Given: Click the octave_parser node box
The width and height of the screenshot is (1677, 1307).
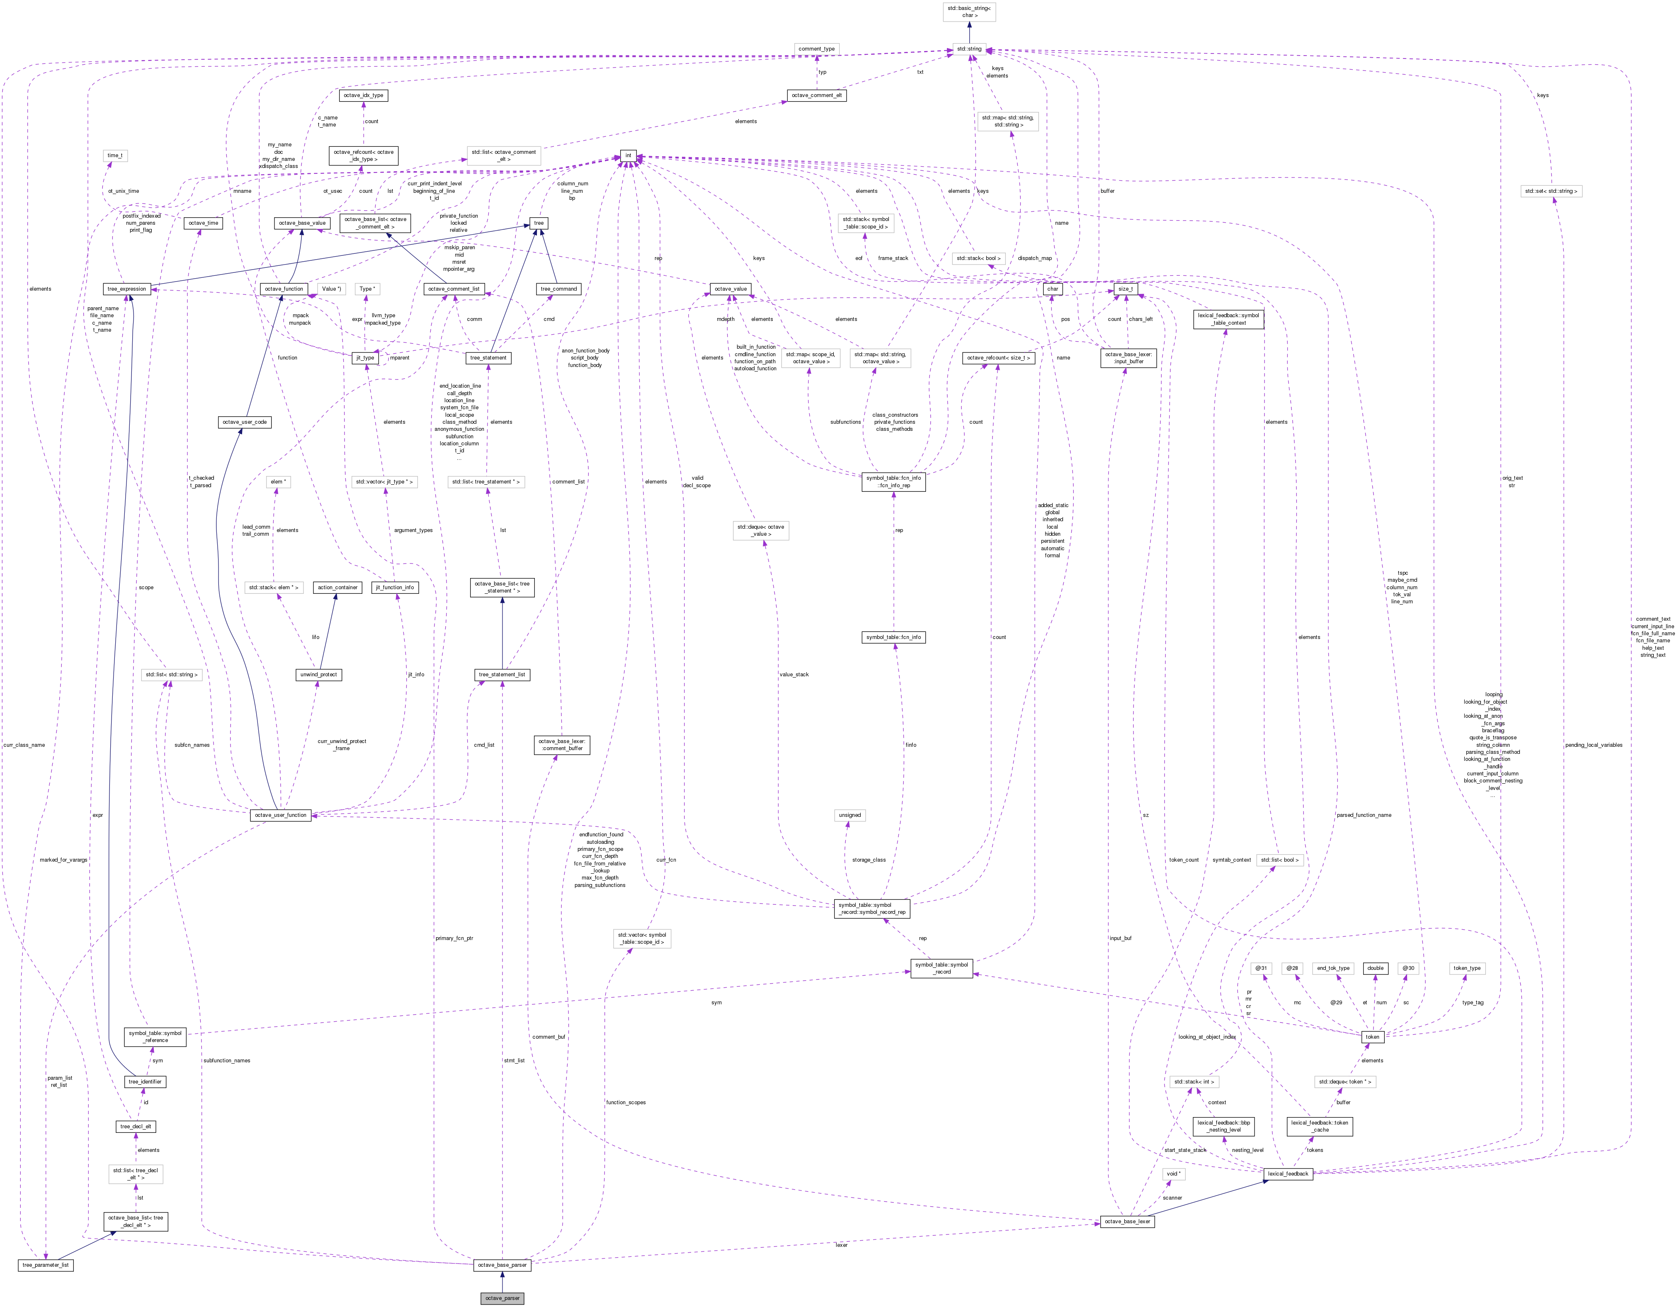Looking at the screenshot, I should click(x=502, y=1298).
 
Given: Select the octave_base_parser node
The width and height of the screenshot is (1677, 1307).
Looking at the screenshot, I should click(x=502, y=1265).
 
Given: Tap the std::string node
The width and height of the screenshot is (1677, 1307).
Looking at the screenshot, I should click(x=969, y=49).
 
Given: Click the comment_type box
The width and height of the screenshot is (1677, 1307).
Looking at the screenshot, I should click(x=816, y=49).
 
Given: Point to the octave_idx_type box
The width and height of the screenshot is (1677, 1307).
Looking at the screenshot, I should click(x=363, y=95).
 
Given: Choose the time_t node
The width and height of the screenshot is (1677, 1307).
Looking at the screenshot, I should click(x=114, y=155).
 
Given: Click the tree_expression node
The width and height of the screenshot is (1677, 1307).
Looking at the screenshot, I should click(x=127, y=289).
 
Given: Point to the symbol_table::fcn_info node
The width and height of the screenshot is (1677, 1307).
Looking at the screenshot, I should click(x=894, y=636).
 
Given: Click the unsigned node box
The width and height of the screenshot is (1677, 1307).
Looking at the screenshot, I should click(x=850, y=815).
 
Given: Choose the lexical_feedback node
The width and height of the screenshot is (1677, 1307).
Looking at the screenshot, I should click(x=1288, y=1173).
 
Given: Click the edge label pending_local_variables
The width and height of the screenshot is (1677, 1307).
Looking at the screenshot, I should click(x=1593, y=745).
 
